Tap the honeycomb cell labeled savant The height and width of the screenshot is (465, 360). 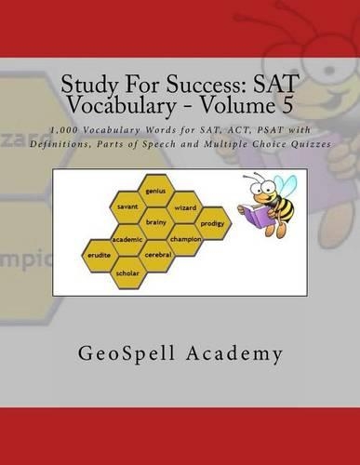click(x=129, y=205)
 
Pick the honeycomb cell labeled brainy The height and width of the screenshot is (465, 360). click(x=157, y=222)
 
